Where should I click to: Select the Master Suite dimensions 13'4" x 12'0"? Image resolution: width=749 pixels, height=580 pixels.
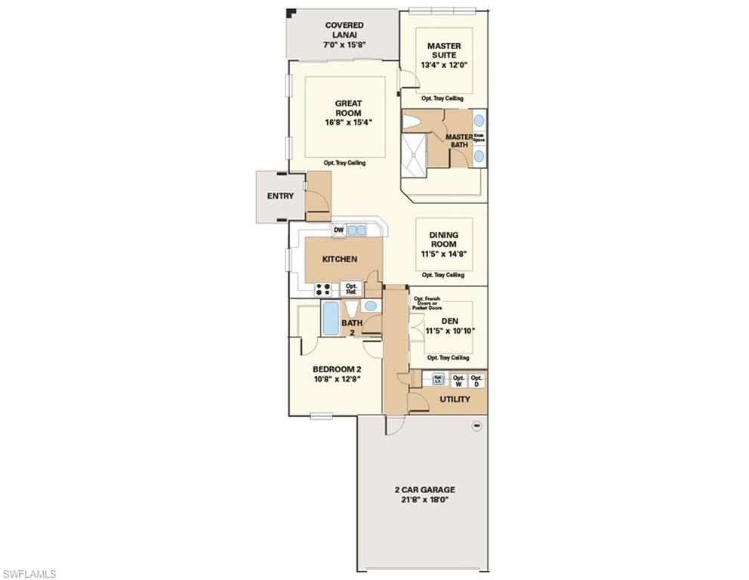pyautogui.click(x=444, y=65)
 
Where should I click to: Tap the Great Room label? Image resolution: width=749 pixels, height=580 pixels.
pyautogui.click(x=348, y=108)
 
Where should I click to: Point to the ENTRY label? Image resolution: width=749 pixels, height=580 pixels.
pyautogui.click(x=280, y=196)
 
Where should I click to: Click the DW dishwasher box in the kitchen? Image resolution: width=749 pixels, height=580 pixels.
pyautogui.click(x=338, y=230)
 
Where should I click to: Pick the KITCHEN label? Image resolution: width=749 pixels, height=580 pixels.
pyautogui.click(x=340, y=259)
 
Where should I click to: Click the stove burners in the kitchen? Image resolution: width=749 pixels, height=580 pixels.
pyautogui.click(x=325, y=288)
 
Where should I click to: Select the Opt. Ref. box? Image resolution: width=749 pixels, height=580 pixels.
pyautogui.click(x=351, y=288)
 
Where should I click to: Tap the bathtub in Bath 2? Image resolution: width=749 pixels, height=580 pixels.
pyautogui.click(x=331, y=319)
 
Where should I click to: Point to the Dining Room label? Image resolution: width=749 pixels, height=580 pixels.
pyautogui.click(x=444, y=239)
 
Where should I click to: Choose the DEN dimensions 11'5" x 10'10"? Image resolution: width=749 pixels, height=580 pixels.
pyautogui.click(x=450, y=331)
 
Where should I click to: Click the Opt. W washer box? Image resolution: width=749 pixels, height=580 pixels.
pyautogui.click(x=458, y=381)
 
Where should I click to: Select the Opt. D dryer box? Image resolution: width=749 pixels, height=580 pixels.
pyautogui.click(x=476, y=381)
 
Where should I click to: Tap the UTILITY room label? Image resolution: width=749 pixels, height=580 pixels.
pyautogui.click(x=455, y=400)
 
